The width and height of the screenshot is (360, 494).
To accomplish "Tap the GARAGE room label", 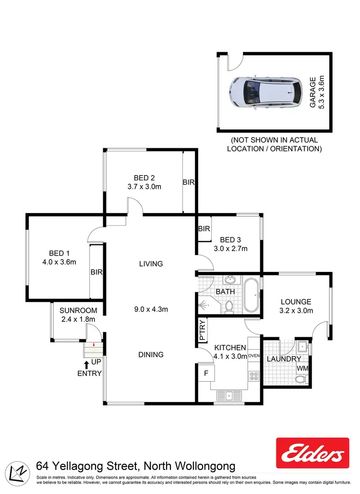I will pos(313,92).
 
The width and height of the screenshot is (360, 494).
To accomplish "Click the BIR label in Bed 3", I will pos(204,229).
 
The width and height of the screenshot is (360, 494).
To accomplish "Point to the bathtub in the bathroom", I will pos(252,295).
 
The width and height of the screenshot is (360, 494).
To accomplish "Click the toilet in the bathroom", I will pos(229,306).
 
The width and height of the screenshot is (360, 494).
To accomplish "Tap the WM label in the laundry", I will pos(303,368).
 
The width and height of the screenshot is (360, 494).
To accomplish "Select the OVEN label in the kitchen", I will pos(254,356).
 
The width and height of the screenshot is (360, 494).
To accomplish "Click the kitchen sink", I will pos(229,396).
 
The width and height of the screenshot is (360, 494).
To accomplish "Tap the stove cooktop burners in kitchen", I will pos(254,376).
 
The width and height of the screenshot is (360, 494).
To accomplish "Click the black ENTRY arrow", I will pos(86,365).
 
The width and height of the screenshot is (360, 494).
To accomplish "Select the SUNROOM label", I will pos(78,310).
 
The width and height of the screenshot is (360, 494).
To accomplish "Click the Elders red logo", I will pos(312,453).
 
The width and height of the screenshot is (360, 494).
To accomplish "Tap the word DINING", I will pos(151,354).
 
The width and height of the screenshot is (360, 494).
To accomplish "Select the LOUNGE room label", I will pos(296,302).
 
